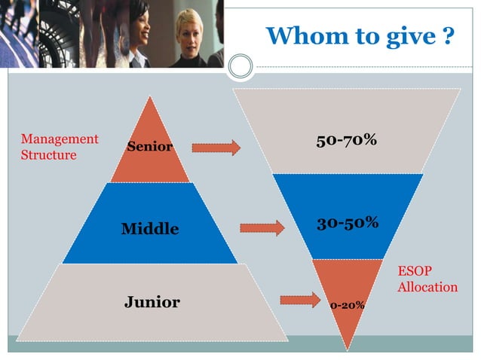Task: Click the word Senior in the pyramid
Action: tap(149, 146)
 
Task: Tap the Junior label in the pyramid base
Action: tap(152, 303)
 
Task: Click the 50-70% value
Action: tap(346, 141)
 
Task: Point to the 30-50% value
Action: tap(347, 224)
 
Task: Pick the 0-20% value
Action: tap(347, 305)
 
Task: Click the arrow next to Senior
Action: tap(216, 148)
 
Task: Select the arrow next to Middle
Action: tap(262, 227)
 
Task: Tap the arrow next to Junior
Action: tap(299, 301)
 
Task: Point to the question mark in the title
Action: tap(448, 35)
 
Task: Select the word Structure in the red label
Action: tap(48, 155)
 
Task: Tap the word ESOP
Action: tap(415, 271)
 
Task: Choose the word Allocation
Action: tap(427, 287)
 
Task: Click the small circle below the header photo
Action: tap(240, 66)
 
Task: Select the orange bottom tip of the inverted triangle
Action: tap(346, 316)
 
